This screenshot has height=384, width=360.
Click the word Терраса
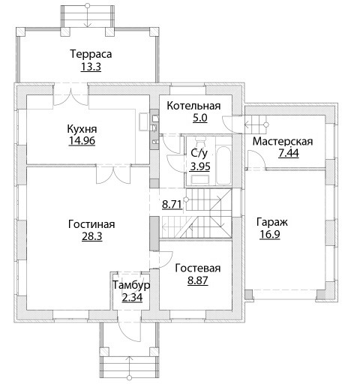(x=91, y=54)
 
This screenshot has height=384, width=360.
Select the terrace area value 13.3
(x=91, y=67)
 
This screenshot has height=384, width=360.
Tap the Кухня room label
(x=82, y=129)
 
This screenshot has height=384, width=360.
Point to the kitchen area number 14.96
(x=82, y=141)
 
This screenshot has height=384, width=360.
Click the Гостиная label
(x=91, y=224)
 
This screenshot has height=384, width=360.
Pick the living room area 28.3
(x=92, y=236)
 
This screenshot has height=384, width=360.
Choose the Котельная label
(x=193, y=106)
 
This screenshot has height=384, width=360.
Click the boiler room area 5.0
(x=200, y=118)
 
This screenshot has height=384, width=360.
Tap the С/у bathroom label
(x=199, y=154)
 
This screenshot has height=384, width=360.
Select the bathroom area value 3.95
(x=200, y=166)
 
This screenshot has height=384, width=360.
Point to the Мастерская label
(x=283, y=142)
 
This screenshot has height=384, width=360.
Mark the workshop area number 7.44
(x=289, y=153)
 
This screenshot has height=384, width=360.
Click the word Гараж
(x=272, y=222)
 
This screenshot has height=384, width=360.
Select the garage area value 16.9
(x=270, y=235)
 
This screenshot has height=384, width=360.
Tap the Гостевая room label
(x=198, y=268)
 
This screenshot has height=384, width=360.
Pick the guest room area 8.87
(x=198, y=280)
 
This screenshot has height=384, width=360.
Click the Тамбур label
(x=131, y=285)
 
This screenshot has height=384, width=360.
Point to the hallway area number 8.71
(x=172, y=205)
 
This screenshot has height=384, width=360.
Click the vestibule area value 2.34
(x=132, y=298)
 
